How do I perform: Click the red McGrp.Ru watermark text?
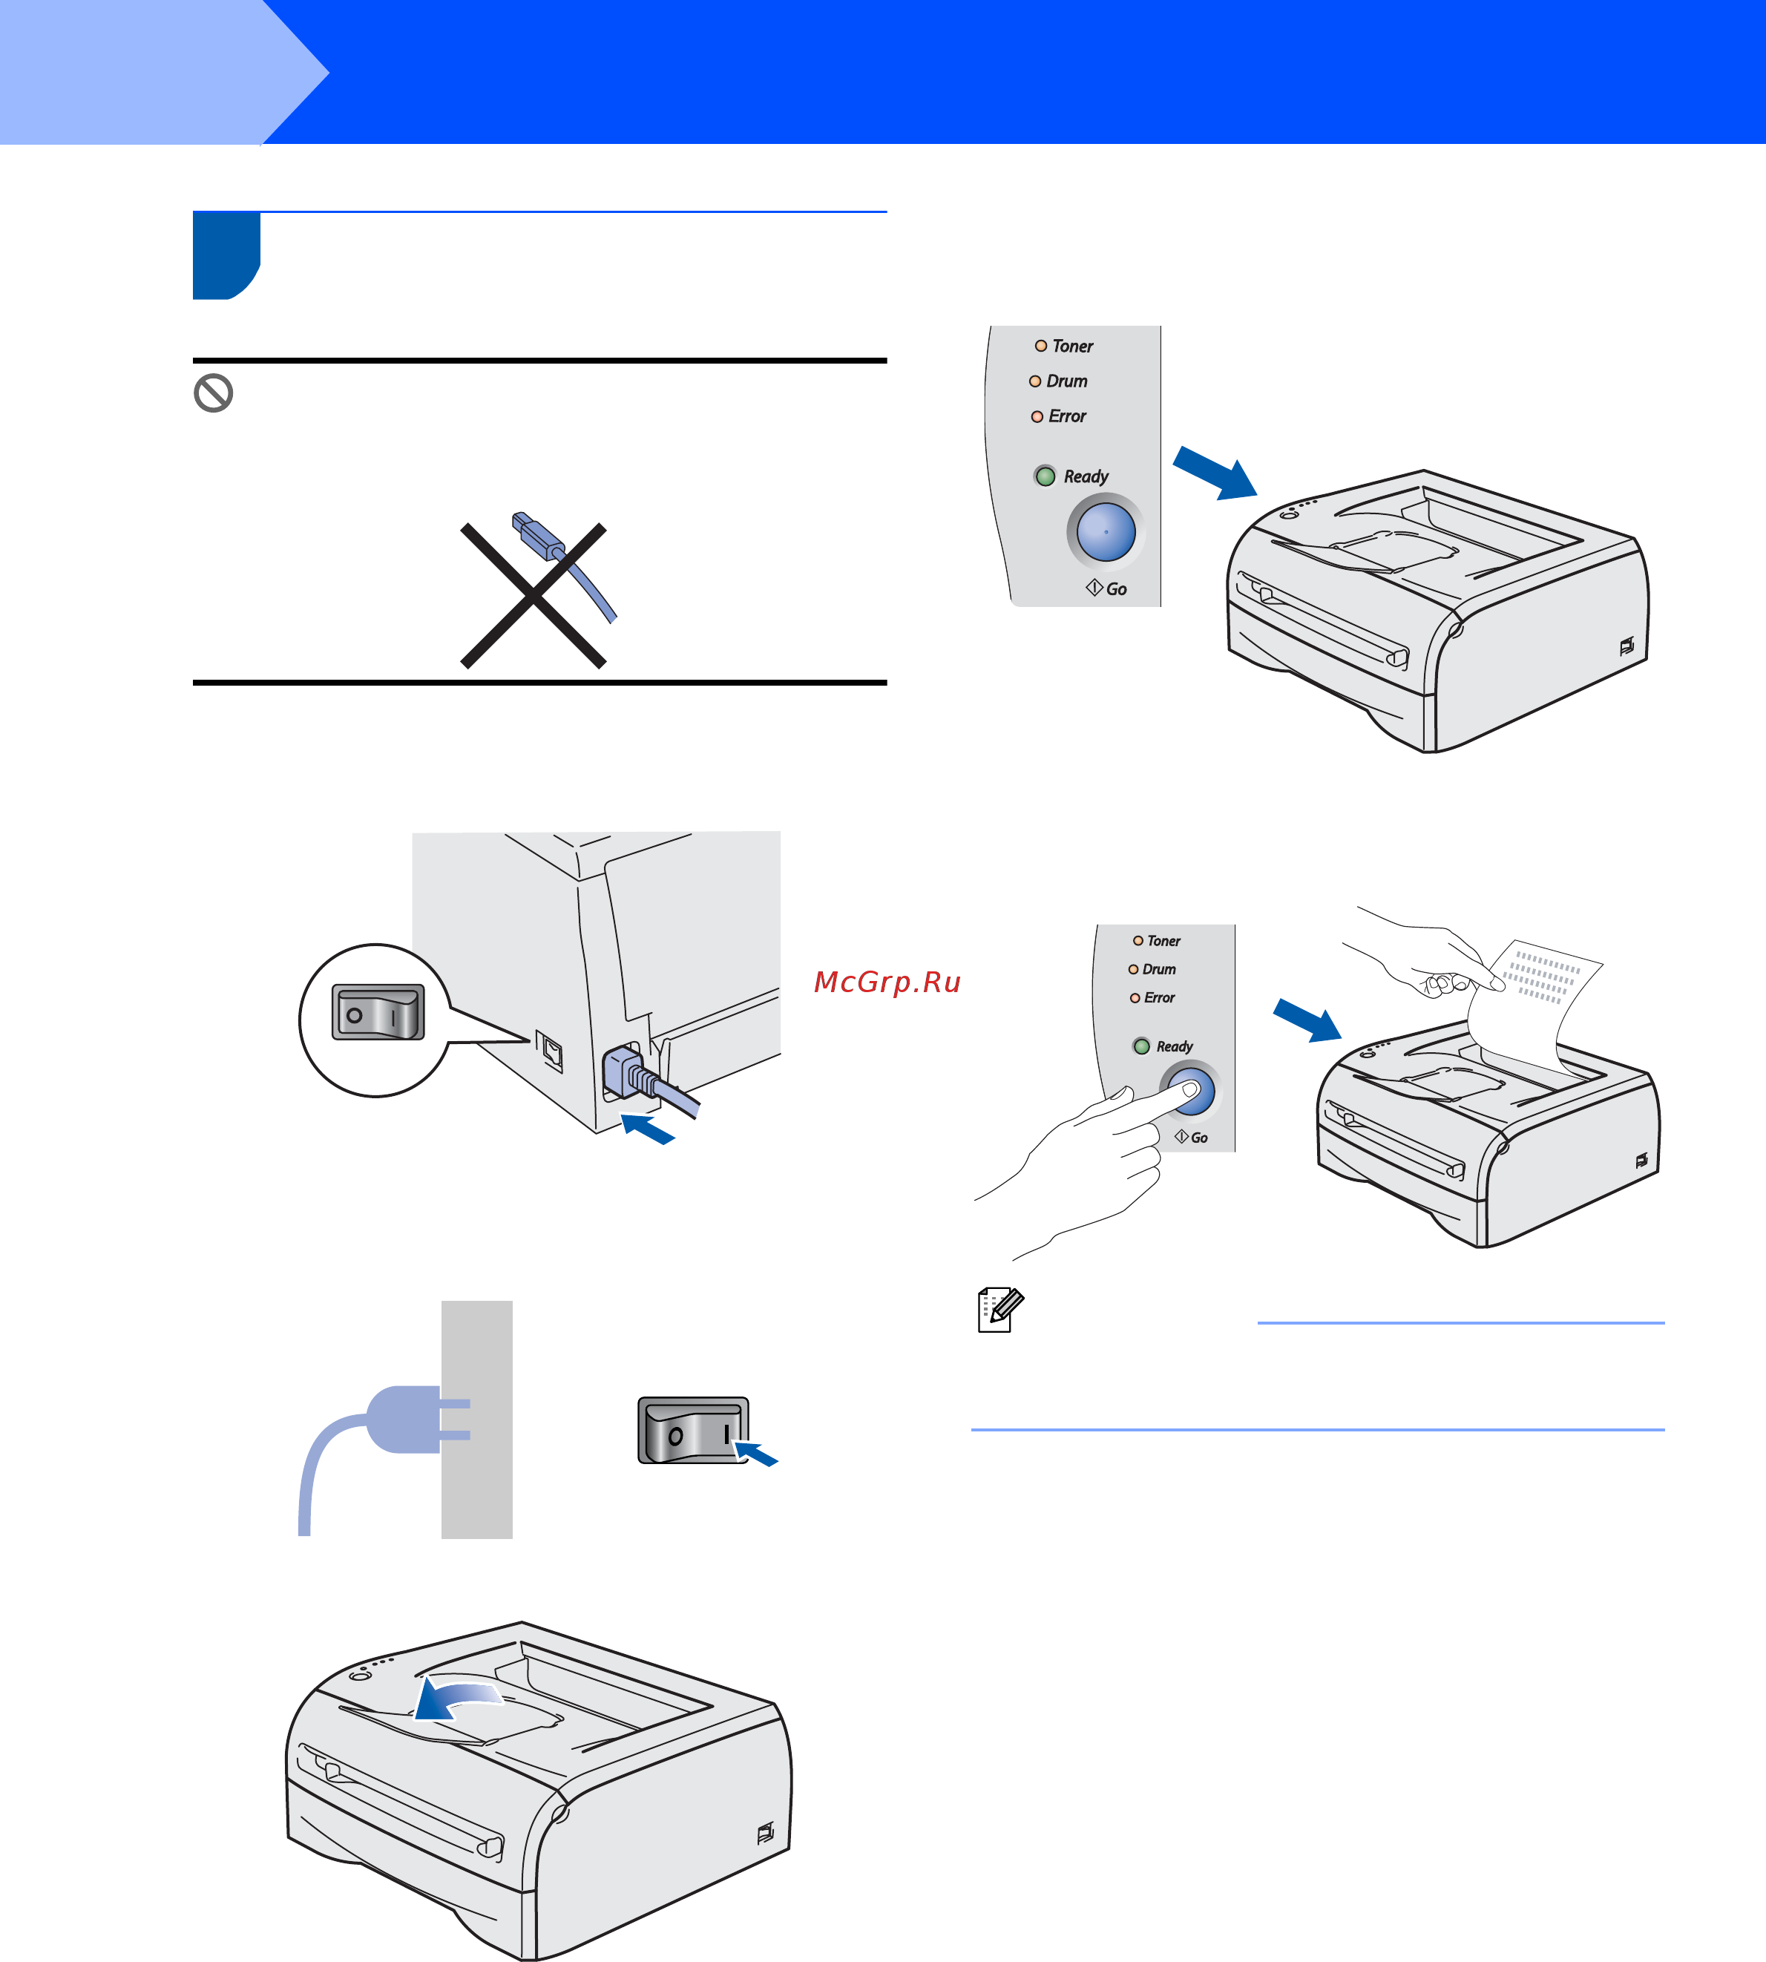(x=887, y=982)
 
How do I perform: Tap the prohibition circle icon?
(x=214, y=393)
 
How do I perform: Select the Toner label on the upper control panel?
(x=1072, y=347)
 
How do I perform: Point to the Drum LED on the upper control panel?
(x=1035, y=381)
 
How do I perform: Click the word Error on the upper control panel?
(x=1067, y=416)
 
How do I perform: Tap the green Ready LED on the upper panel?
(x=1045, y=476)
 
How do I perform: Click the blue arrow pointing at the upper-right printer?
(x=1215, y=473)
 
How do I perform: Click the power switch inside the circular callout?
(x=378, y=1012)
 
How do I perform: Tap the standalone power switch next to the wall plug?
(x=693, y=1430)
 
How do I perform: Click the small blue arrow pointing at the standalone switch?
(x=756, y=1453)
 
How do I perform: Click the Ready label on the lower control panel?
(x=1174, y=1047)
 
